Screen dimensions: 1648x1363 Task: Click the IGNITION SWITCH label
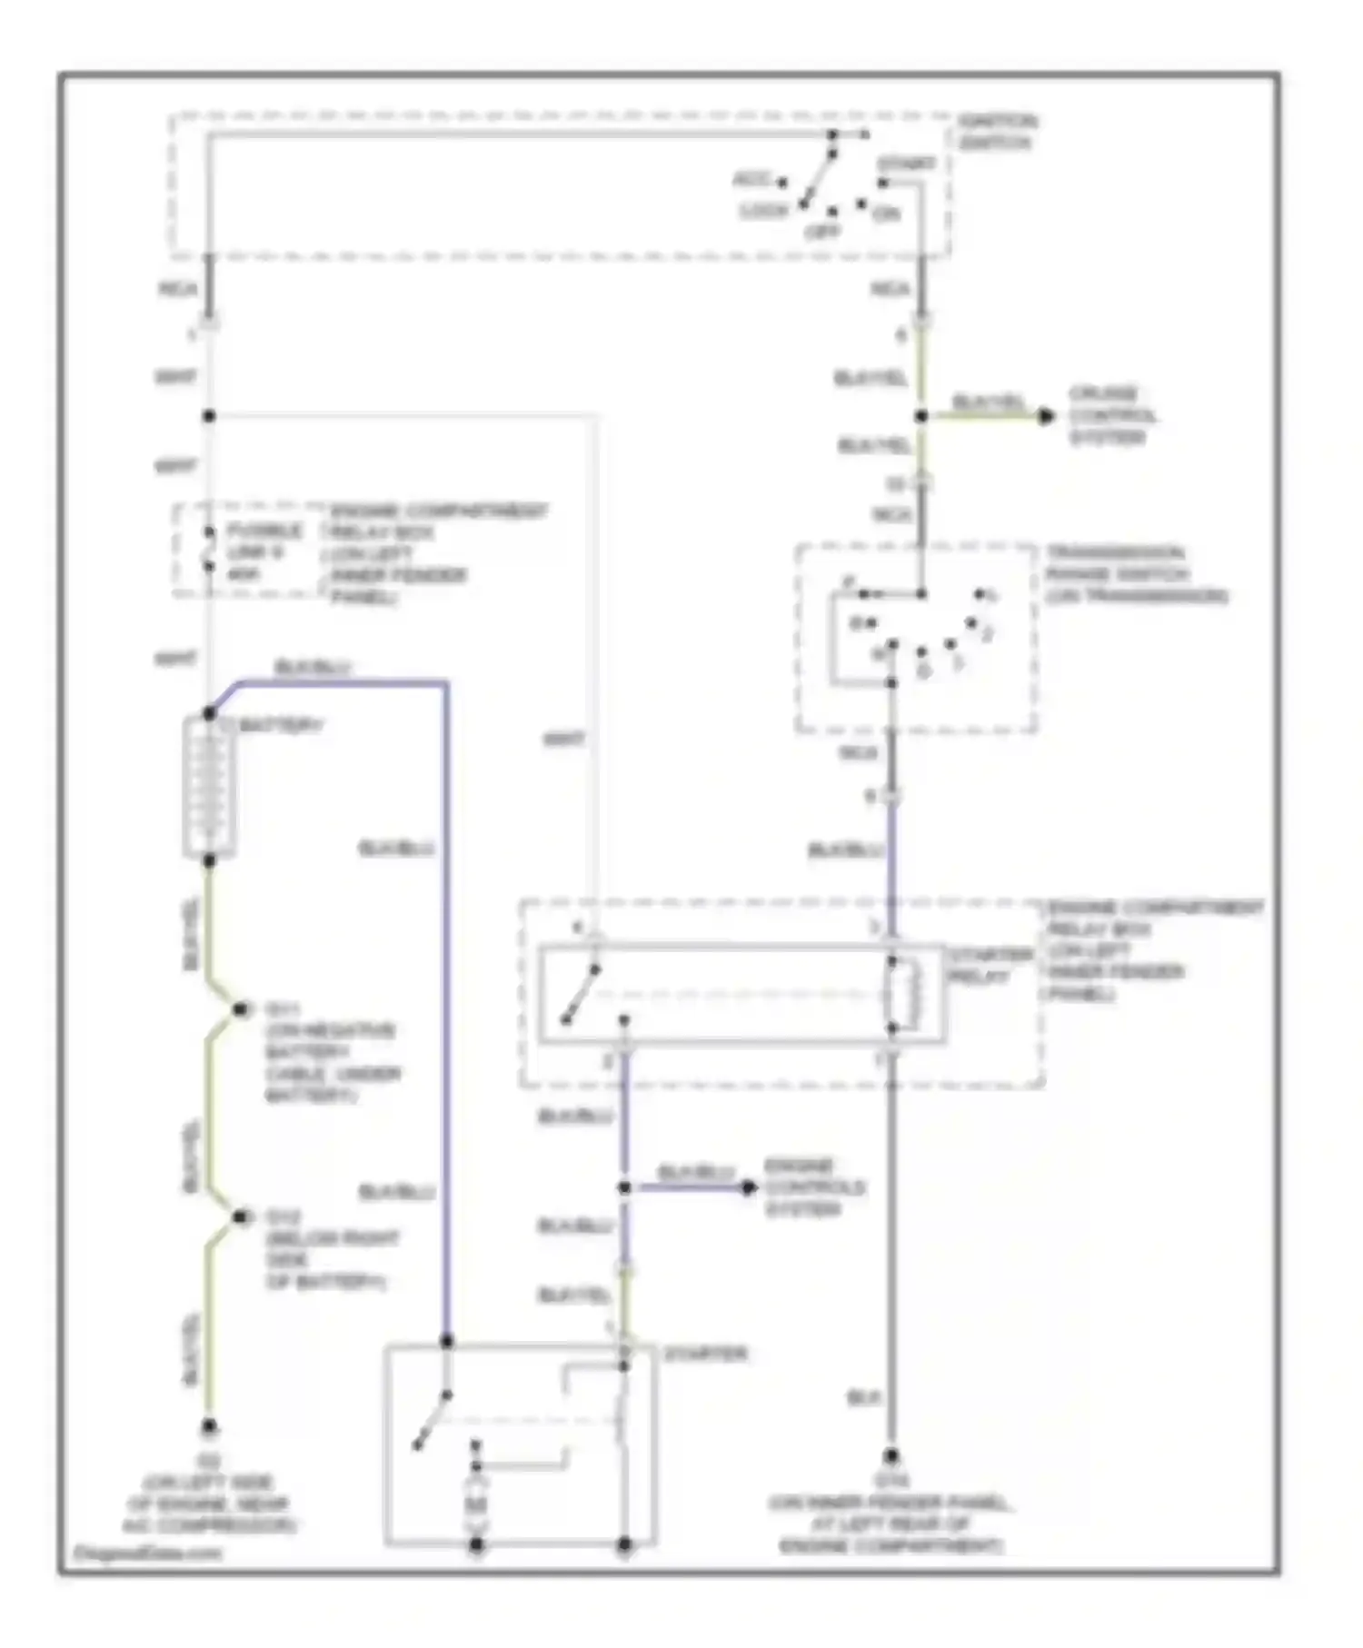click(x=998, y=133)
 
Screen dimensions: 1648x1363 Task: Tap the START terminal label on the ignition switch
click(x=906, y=164)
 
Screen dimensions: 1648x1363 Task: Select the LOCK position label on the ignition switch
click(x=764, y=211)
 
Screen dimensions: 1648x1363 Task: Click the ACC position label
click(x=752, y=179)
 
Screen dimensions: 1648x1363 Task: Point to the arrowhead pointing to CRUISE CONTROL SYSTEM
click(x=1047, y=416)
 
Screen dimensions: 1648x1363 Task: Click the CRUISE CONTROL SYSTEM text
click(x=1111, y=416)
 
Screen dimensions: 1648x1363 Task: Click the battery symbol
click(x=209, y=787)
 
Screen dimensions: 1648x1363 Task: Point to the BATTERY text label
click(x=282, y=726)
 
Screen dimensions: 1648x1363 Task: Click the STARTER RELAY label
click(x=980, y=967)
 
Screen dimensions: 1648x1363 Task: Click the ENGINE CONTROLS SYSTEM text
click(x=814, y=1187)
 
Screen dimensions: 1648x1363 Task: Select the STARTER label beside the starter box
click(x=704, y=1354)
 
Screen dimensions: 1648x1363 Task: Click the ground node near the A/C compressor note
click(x=209, y=1427)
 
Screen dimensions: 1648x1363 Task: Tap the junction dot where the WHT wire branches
click(x=209, y=416)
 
